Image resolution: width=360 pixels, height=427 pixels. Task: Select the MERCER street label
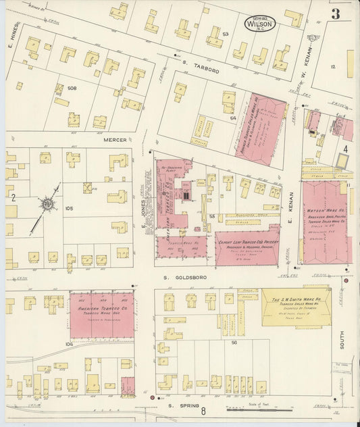[115, 140]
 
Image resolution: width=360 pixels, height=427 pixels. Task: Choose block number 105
[68, 209]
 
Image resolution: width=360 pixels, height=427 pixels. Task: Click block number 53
[226, 34]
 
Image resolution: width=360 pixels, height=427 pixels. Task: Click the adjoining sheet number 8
[211, 409]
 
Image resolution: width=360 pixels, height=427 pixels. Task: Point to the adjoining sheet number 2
[13, 197]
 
